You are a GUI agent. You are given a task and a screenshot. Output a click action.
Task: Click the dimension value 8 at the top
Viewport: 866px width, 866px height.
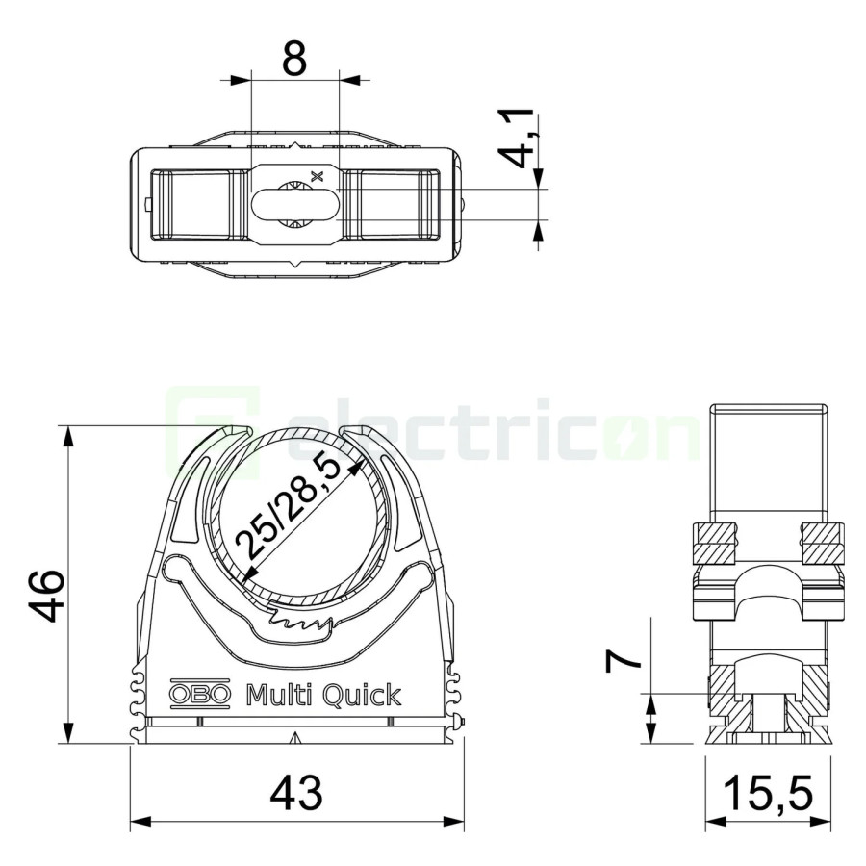pos(293,58)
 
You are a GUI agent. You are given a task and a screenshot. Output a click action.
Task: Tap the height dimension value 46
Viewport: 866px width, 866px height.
pos(46,596)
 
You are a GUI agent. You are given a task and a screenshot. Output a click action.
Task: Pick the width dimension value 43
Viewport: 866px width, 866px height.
pos(296,793)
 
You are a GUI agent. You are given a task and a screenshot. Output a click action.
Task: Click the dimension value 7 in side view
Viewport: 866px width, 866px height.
pos(623,661)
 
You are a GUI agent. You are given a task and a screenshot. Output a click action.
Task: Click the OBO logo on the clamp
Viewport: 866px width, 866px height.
pos(199,693)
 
